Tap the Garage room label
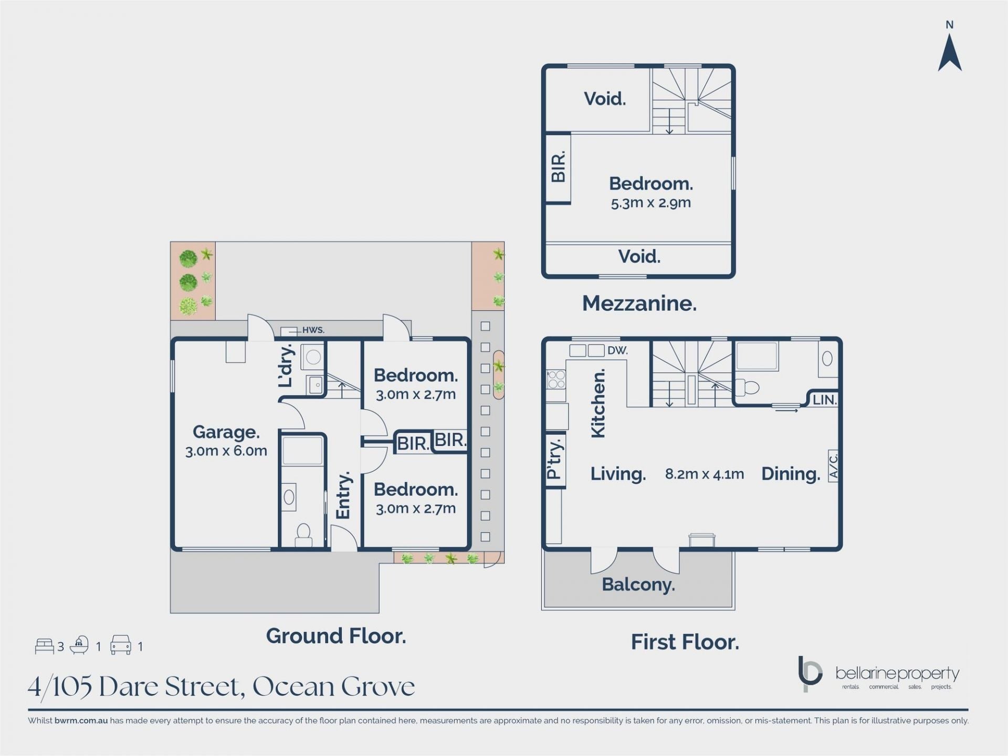point(226,432)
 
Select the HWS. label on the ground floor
point(313,330)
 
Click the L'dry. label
point(286,365)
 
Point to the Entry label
point(343,495)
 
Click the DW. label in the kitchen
point(617,351)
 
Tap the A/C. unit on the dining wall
point(833,466)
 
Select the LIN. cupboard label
point(824,400)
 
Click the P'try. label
point(554,459)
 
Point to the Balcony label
point(638,585)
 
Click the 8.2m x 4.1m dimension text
point(704,474)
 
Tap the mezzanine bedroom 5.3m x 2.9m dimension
point(650,203)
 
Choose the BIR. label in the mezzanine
point(558,166)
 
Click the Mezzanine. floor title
point(639,303)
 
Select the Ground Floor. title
point(336,636)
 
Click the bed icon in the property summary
point(44,646)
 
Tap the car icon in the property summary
point(120,645)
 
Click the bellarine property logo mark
point(809,674)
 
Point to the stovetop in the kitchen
point(556,379)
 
